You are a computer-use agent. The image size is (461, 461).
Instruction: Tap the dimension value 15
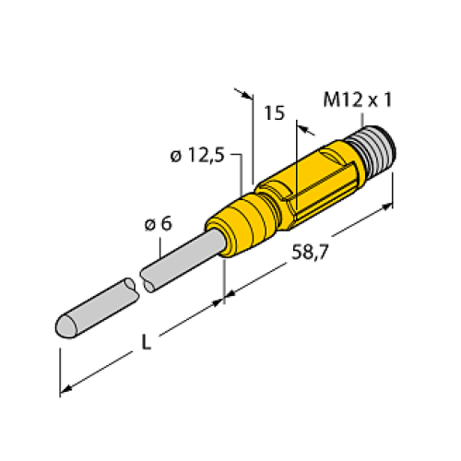tap(274, 113)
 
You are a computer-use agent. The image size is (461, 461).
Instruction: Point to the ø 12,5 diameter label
tap(198, 157)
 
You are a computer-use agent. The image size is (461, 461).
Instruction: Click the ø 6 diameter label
tap(160, 225)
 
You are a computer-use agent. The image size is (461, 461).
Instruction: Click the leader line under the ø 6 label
tap(163, 245)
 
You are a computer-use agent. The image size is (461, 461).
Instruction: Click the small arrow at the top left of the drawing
tap(245, 93)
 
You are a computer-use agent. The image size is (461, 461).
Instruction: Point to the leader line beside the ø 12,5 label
tap(241, 171)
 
